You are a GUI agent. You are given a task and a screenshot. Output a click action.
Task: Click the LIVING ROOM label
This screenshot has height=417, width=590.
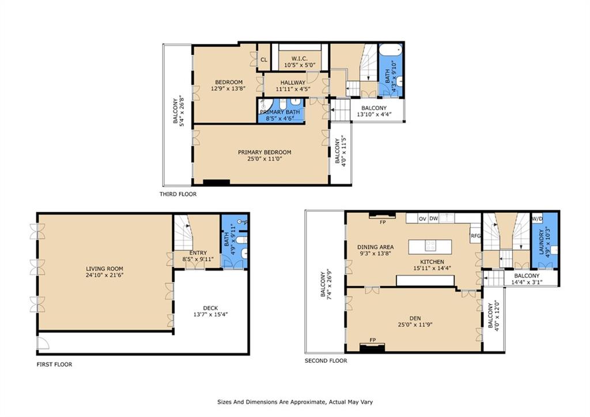click(x=104, y=269)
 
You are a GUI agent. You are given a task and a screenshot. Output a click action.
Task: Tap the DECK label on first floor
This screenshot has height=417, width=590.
click(x=210, y=308)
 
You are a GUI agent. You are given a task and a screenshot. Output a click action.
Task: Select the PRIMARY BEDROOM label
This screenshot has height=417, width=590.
click(x=264, y=152)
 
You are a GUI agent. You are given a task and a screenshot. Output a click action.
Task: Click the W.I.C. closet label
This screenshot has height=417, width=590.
click(x=300, y=59)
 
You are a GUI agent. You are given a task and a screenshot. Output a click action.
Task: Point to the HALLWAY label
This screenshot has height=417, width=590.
click(x=293, y=82)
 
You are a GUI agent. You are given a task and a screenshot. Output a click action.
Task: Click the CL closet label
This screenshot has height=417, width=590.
click(x=264, y=59)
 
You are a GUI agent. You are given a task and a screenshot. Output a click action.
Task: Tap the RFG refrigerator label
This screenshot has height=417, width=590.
click(x=475, y=236)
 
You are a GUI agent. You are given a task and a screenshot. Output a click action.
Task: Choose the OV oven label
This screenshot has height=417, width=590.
click(x=422, y=219)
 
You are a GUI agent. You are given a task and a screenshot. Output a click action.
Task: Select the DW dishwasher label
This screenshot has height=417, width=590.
click(x=434, y=218)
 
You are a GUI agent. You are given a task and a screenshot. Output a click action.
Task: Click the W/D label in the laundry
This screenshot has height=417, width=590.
click(x=536, y=219)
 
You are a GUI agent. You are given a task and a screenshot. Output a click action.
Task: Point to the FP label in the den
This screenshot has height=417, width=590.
click(x=373, y=340)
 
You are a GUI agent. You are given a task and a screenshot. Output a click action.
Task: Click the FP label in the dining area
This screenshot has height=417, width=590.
click(x=383, y=222)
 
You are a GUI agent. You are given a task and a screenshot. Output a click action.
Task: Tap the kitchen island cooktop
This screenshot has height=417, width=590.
click(x=430, y=246)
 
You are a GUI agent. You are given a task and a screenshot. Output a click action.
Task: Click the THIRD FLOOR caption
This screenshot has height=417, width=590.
click(x=178, y=194)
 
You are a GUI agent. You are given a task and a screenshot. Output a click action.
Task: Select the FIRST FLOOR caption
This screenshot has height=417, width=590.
click(x=54, y=365)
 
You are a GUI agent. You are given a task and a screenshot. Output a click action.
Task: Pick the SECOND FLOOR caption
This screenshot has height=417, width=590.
click(x=326, y=360)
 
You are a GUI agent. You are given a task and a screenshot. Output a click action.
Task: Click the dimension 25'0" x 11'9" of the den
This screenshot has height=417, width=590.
click(x=415, y=324)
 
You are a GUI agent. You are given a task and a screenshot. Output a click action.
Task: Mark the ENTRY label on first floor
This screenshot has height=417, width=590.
click(x=198, y=253)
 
